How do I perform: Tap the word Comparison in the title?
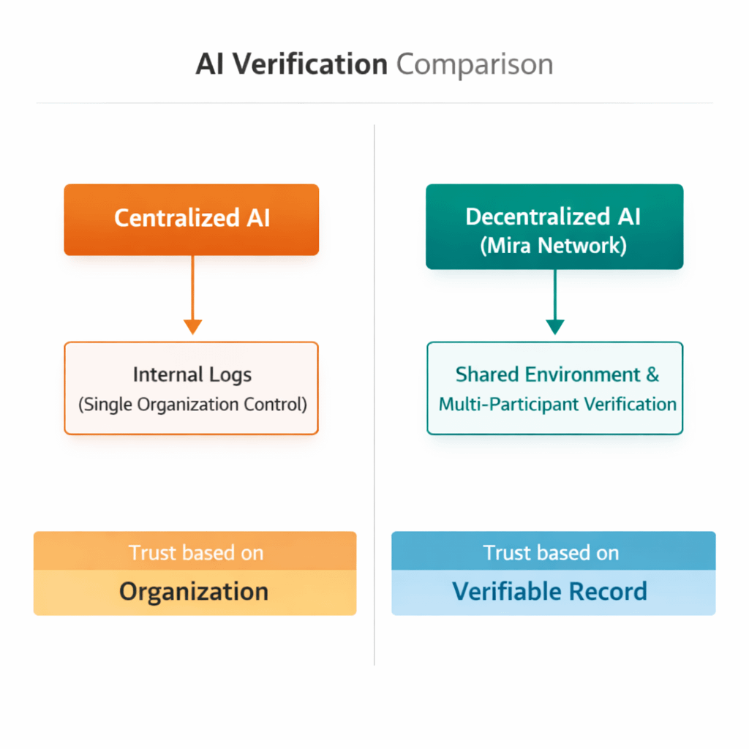475,65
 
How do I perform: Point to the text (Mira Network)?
554,245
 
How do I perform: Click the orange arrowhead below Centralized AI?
192,326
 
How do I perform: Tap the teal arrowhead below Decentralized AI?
555,326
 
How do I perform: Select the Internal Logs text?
192,375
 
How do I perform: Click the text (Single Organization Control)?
192,404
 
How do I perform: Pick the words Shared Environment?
548,374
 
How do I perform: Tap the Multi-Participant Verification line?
557,404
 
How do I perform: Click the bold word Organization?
194,591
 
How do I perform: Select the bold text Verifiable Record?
549,591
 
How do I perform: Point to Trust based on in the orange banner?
195,552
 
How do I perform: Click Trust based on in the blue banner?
551,552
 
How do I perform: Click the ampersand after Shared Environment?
652,374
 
